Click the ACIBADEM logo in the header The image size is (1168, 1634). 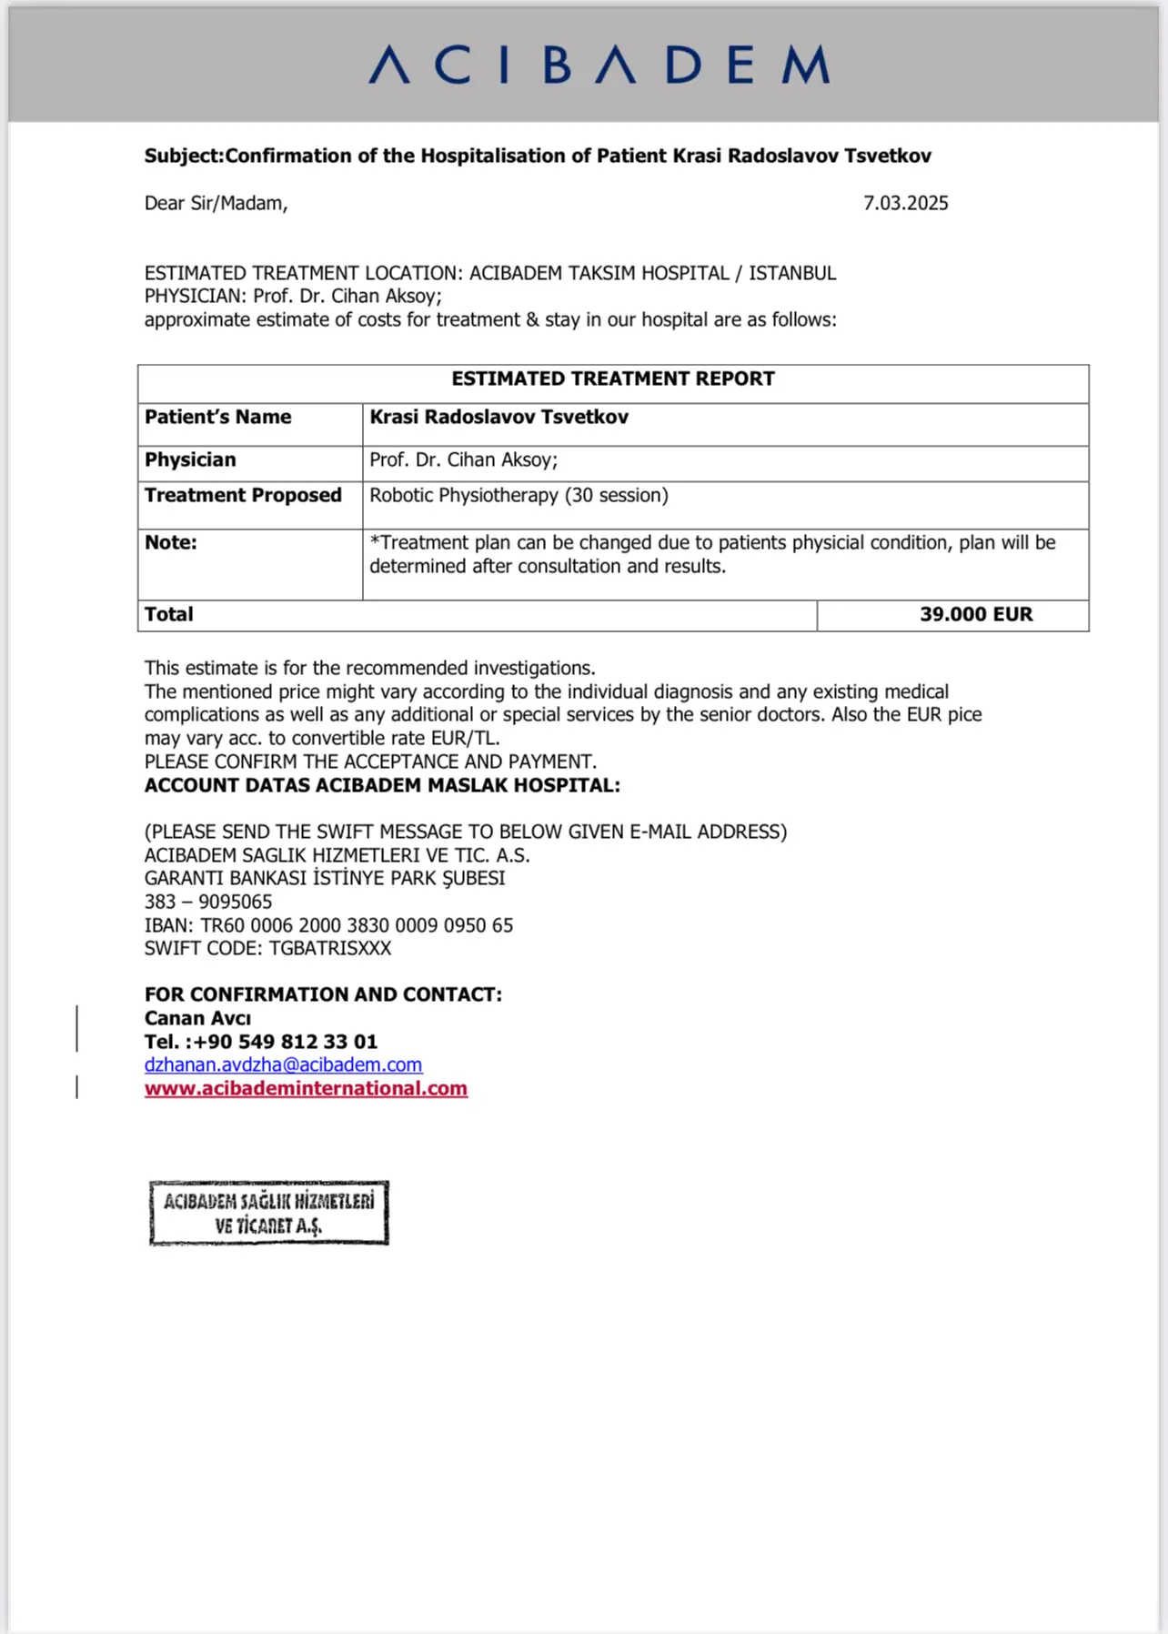pos(599,66)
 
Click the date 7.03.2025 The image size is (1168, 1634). pos(905,203)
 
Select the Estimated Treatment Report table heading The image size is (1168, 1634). pos(612,378)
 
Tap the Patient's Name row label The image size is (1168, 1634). pos(218,417)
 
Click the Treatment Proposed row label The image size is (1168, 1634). pos(243,495)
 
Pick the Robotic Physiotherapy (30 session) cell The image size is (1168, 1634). pos(519,495)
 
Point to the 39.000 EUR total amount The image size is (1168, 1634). pos(975,614)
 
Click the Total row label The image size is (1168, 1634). pos(169,614)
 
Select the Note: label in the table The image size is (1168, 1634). pos(171,542)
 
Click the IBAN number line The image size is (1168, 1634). pos(328,925)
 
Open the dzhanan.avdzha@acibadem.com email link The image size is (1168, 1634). pos(283,1064)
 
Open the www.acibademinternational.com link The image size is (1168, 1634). pos(306,1088)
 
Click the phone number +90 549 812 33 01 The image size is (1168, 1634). pos(285,1042)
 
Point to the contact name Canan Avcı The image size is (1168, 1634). pos(197,1018)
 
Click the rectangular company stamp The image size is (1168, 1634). pos(268,1213)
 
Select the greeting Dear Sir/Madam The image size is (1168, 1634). pos(216,203)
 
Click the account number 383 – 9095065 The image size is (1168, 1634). pos(208,902)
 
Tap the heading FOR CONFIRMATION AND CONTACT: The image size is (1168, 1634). pos(323,994)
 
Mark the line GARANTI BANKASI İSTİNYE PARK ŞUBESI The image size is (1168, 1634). pos(325,878)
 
